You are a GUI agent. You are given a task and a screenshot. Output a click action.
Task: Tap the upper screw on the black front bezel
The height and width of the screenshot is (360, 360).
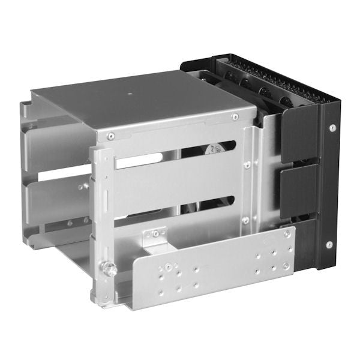pos(331,127)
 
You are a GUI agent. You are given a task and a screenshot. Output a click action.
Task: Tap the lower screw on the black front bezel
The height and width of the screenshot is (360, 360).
pos(329,244)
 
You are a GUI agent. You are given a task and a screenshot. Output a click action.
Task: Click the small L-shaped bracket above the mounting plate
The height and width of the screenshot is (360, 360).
pos(155,237)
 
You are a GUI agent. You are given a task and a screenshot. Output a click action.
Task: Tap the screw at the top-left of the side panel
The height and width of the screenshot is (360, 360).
pos(111,137)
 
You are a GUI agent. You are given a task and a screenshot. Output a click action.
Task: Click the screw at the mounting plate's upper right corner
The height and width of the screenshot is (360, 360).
pos(286,234)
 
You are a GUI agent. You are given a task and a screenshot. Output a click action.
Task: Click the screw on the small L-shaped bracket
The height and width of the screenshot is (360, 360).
pos(157,232)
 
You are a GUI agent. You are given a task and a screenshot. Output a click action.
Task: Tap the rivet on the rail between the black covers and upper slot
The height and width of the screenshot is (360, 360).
pos(247,164)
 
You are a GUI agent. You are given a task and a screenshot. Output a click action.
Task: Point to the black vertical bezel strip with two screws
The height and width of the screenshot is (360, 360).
pos(329,186)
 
